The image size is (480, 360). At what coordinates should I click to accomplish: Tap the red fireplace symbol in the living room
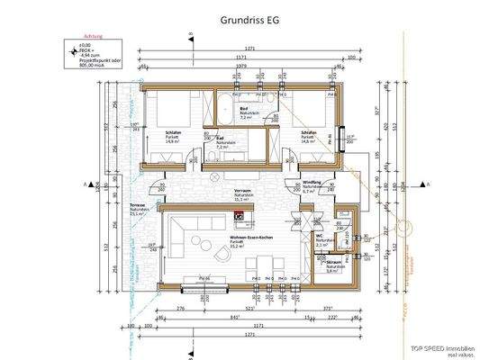pos(239,216)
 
